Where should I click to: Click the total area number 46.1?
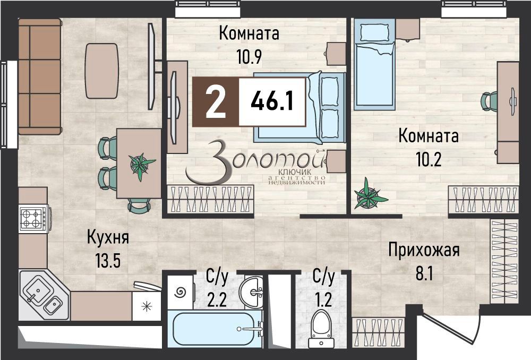pos(272,101)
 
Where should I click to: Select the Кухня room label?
pos(108,237)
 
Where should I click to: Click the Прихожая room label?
pos(423,249)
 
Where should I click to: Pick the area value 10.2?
pos(428,158)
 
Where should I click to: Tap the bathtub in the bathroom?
pos(215,329)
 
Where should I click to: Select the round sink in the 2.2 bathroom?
pos(252,290)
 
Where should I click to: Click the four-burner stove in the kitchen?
pos(31,219)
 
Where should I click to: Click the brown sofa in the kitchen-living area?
pos(39,77)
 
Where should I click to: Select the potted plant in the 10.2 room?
pos(370,195)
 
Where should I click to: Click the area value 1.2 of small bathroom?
pos(323,300)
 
